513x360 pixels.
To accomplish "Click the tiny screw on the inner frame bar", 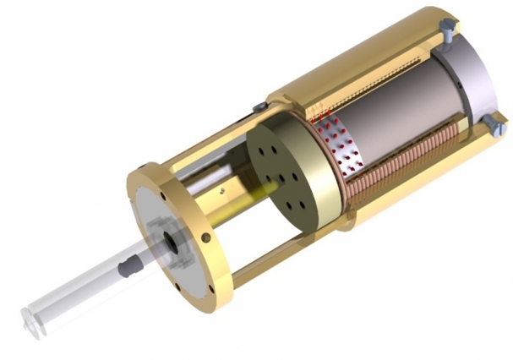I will pos(222,191).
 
